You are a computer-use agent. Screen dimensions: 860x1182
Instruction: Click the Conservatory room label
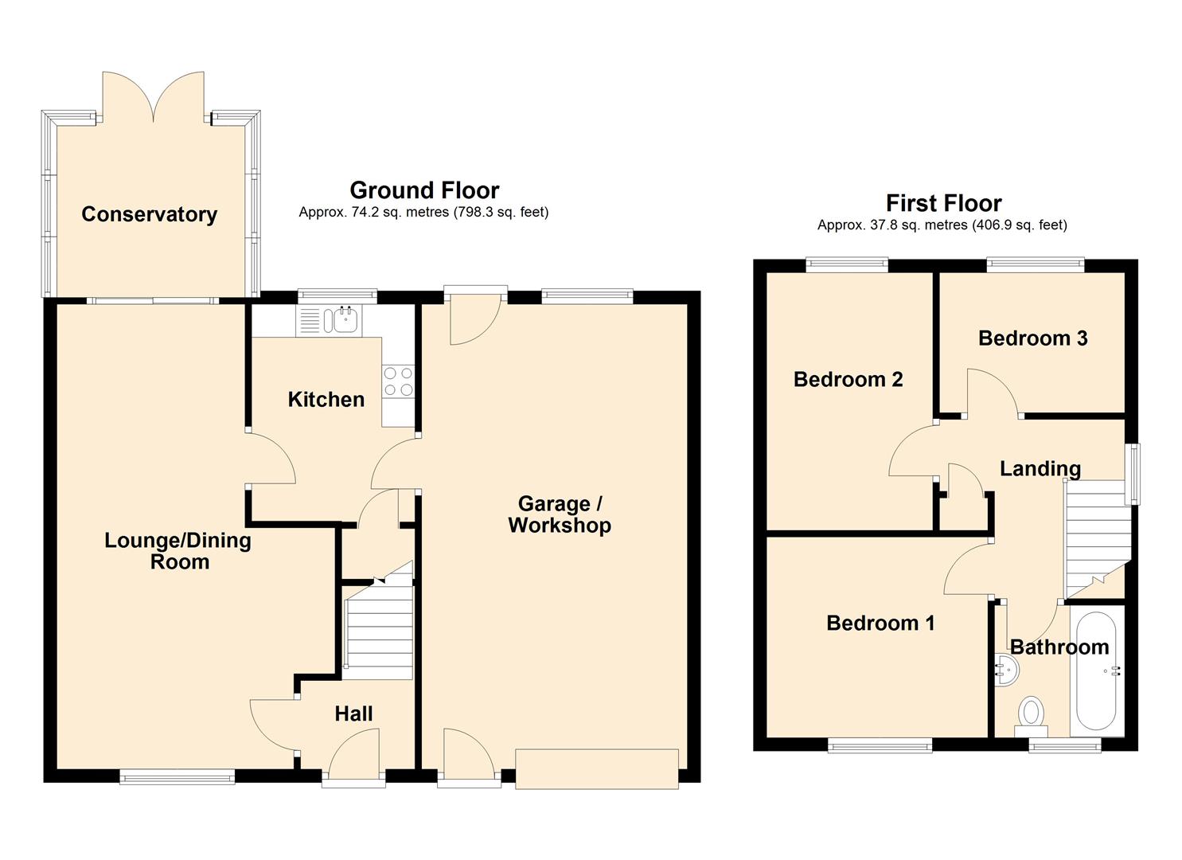pos(149,214)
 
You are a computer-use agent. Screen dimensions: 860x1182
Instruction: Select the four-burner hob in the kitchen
pos(398,381)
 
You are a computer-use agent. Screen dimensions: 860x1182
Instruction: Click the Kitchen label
pos(326,399)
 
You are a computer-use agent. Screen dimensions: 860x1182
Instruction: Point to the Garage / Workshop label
pos(560,514)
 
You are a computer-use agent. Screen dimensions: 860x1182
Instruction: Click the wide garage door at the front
pos(597,768)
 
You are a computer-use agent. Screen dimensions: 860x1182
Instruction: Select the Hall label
pos(353,713)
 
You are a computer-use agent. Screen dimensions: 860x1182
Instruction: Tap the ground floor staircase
pos(379,633)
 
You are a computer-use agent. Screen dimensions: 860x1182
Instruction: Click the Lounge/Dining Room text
pos(179,551)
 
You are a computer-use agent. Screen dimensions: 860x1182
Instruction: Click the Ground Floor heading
pos(424,190)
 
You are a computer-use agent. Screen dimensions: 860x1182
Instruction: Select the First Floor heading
pos(943,203)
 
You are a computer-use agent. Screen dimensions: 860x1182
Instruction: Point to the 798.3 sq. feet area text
pos(501,212)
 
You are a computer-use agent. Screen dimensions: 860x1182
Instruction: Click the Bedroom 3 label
pos(1032,338)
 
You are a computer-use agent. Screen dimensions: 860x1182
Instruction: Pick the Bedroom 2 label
pos(848,379)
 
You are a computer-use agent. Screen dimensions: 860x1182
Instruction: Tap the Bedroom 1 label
pos(880,623)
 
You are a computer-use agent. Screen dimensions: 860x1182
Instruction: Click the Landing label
pos(1040,468)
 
